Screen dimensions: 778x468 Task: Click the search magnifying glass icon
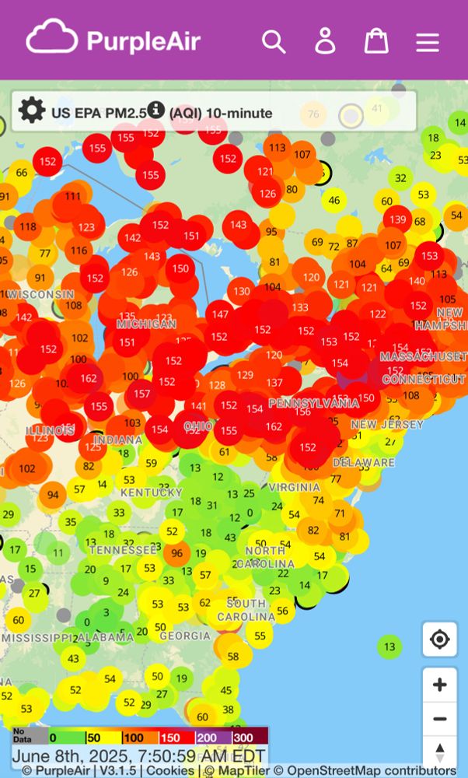(274, 41)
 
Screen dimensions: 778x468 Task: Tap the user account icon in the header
(325, 41)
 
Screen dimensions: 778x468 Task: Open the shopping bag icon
(376, 41)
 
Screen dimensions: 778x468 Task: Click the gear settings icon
(31, 111)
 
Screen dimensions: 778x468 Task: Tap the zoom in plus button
(440, 685)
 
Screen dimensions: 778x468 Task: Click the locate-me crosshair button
(440, 640)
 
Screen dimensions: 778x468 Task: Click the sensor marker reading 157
(141, 394)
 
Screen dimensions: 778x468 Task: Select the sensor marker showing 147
(220, 314)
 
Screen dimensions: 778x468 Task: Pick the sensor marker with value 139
(398, 220)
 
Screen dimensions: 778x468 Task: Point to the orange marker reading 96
(176, 554)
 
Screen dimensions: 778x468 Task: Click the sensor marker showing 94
(53, 495)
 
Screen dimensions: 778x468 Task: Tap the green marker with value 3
(107, 613)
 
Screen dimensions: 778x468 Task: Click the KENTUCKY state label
(152, 492)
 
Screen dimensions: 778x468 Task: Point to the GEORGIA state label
(184, 636)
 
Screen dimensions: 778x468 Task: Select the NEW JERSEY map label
(387, 425)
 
